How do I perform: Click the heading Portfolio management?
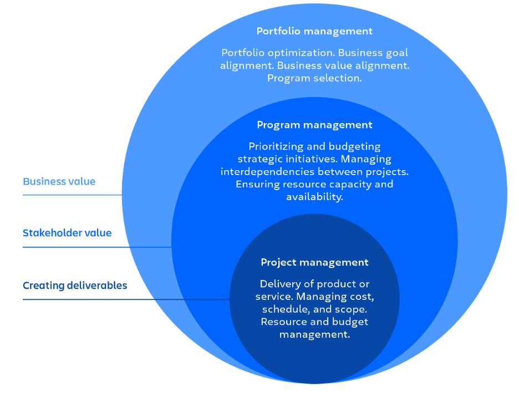click(x=314, y=32)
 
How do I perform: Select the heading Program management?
click(x=314, y=125)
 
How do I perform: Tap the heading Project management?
click(x=314, y=262)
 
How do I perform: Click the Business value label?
click(x=59, y=181)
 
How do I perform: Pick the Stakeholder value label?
click(x=67, y=233)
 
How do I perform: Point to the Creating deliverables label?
click(x=75, y=285)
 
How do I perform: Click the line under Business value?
click(x=72, y=195)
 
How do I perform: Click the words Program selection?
click(x=314, y=78)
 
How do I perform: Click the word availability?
click(x=314, y=197)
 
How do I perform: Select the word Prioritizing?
click(x=277, y=147)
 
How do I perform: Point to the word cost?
click(x=371, y=297)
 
